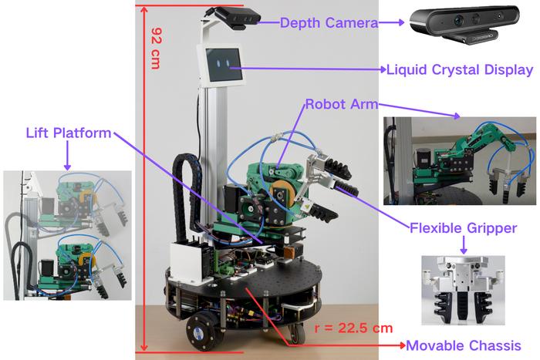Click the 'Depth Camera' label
click(x=329, y=23)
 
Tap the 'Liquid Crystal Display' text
click(x=460, y=70)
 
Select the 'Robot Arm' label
click(x=342, y=104)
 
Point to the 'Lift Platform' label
click(x=69, y=133)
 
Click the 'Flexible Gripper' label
click(x=463, y=228)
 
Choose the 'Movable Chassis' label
click(x=464, y=345)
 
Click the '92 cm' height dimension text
click(x=157, y=49)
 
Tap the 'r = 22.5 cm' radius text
click(x=353, y=328)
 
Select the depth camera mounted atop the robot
click(x=237, y=19)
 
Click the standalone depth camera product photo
click(x=464, y=24)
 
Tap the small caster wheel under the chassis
click(x=296, y=334)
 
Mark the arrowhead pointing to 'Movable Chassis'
click(x=402, y=345)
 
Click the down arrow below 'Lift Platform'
click(x=68, y=156)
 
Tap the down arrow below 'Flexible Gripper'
click(x=464, y=246)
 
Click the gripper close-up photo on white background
click(x=463, y=291)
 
